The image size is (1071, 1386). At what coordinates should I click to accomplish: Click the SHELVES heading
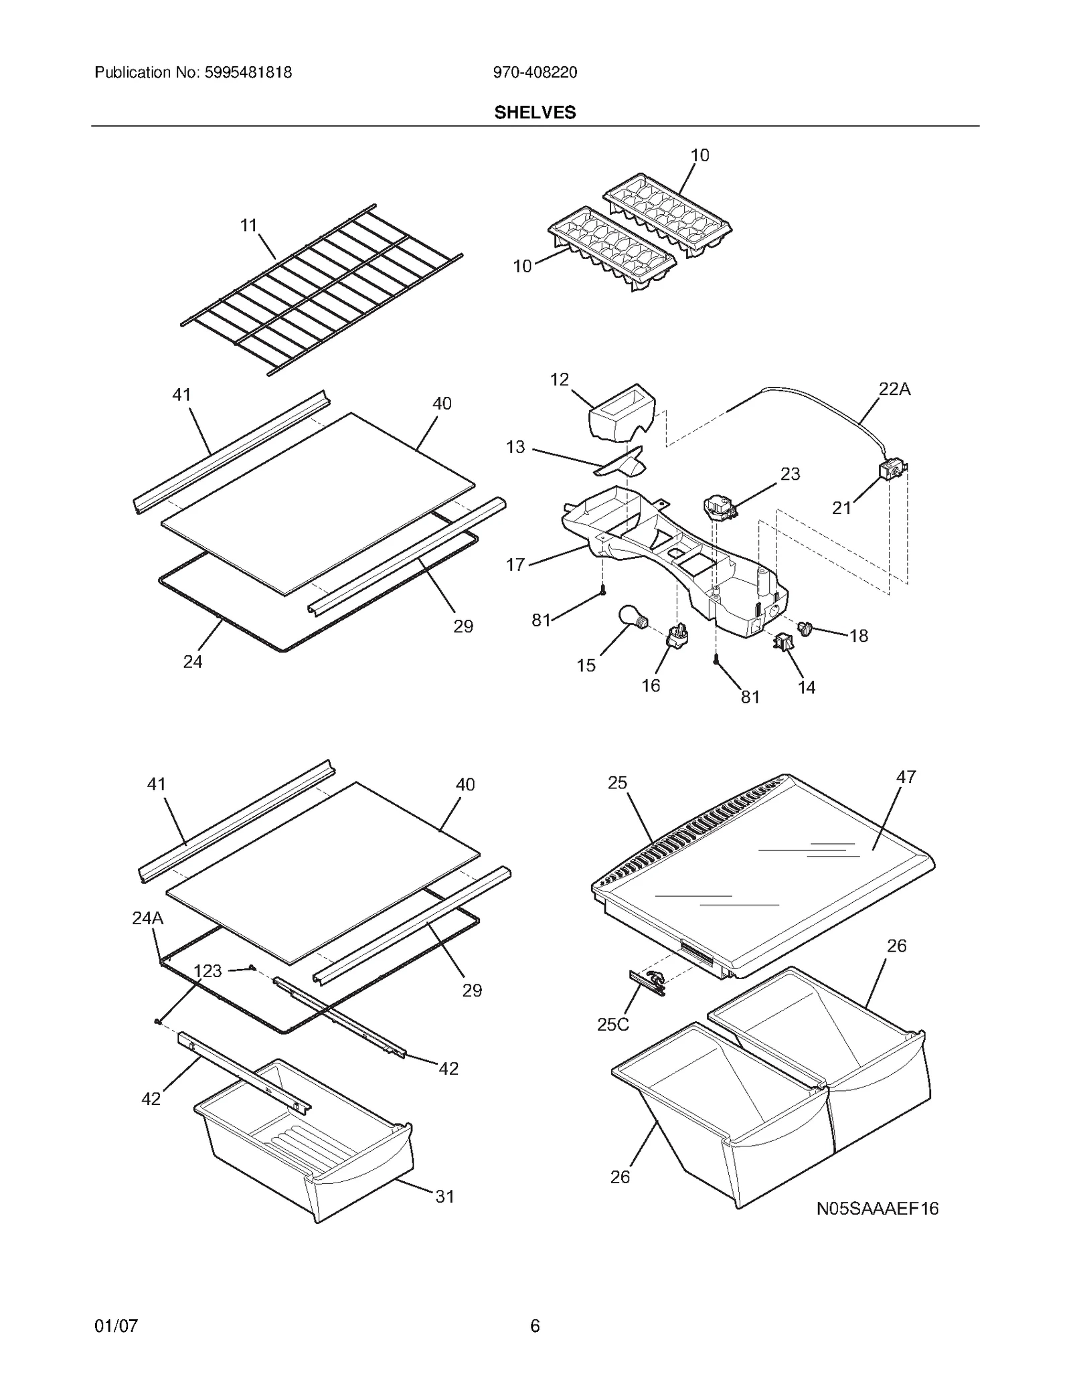point(535,112)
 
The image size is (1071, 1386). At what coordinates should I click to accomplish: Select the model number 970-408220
point(535,72)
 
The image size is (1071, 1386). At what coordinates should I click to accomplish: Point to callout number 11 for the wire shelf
point(249,226)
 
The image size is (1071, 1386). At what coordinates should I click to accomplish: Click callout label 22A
point(894,389)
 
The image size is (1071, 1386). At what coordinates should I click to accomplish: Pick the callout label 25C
point(613,1025)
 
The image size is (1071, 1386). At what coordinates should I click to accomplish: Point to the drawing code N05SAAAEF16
point(877,1208)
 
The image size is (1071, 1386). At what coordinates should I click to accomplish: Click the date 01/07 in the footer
point(116,1326)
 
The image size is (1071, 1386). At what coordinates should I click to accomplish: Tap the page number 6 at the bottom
point(535,1326)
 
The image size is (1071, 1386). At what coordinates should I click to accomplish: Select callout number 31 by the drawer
point(444,1196)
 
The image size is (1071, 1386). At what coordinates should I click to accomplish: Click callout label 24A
point(147,918)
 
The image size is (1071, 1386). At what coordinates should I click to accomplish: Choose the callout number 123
point(208,971)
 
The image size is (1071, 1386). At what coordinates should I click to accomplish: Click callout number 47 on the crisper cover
point(906,777)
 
